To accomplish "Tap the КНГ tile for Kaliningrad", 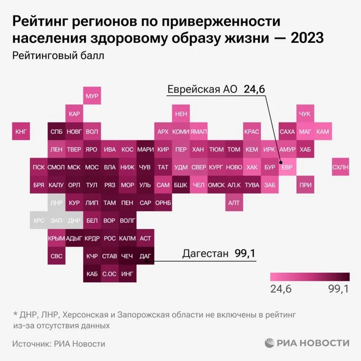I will click(x=21, y=132).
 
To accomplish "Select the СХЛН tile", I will click(x=340, y=167).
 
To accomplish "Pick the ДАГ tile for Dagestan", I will click(x=145, y=256).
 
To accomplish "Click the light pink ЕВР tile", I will click(x=287, y=167).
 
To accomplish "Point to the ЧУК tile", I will click(x=304, y=114).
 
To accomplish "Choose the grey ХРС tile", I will click(x=39, y=220).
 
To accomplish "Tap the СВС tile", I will click(x=57, y=256).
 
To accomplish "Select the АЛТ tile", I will click(x=234, y=203).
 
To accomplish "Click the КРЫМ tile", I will click(x=57, y=238).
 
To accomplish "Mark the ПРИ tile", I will click(x=304, y=185).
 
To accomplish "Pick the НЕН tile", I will click(x=180, y=114).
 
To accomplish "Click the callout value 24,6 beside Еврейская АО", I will click(x=255, y=89).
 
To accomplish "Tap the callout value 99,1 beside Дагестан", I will click(x=245, y=254).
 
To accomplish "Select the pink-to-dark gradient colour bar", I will click(x=309, y=277).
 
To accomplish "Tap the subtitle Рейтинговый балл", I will click(x=58, y=55).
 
